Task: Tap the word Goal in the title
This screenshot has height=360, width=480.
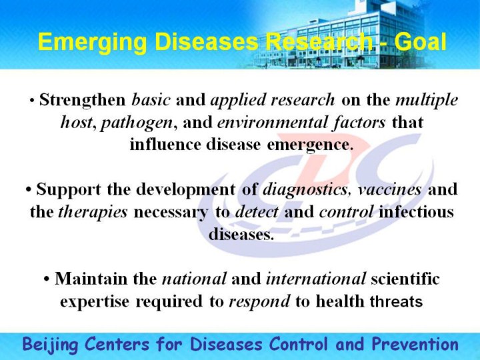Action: tap(420, 41)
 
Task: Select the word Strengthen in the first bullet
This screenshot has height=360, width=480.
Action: tap(83, 100)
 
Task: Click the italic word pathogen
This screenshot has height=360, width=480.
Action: tap(137, 123)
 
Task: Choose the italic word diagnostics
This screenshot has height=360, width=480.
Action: tap(305, 189)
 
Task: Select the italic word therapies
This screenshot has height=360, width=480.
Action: tap(93, 212)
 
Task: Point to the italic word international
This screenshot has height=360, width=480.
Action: tap(316, 279)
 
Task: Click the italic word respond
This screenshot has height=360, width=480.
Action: tap(259, 302)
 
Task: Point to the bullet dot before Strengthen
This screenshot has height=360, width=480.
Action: tap(32, 101)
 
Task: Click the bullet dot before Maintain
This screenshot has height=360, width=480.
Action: tap(47, 279)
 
